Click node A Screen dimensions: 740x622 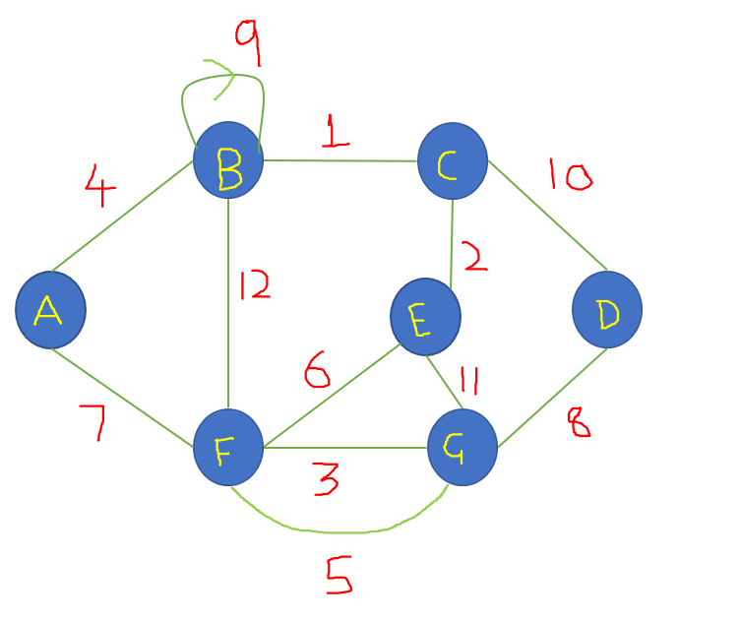click(x=50, y=310)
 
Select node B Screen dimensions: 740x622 click(x=228, y=159)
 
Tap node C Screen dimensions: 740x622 click(x=453, y=159)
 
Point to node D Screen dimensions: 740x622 click(x=607, y=309)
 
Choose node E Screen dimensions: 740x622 click(x=425, y=317)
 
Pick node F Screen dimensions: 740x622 click(x=228, y=448)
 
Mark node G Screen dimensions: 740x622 click(x=462, y=448)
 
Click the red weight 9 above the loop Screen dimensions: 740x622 click(x=248, y=36)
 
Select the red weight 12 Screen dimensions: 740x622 click(x=254, y=286)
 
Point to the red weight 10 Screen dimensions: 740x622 click(x=570, y=176)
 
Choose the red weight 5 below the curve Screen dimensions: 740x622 click(x=338, y=576)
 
